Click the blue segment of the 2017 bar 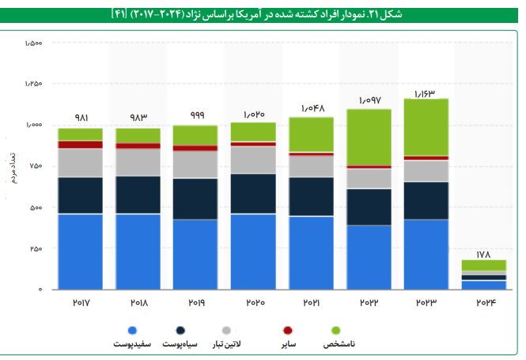pos(80,252)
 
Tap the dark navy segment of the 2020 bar pos(252,193)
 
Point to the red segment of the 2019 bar pos(195,148)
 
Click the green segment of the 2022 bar pos(369,137)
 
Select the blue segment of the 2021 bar pos(310,252)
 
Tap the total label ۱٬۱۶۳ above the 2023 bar pos(425,93)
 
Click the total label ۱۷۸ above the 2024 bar pos(483,254)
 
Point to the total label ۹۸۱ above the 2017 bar pos(81,118)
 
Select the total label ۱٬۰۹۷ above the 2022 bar pos(369,100)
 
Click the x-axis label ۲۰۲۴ pos(483,302)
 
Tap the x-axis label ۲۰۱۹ pos(195,302)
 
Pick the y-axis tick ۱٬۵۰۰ pos(33,43)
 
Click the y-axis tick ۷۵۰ pos(35,166)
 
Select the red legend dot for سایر pos(288,330)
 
